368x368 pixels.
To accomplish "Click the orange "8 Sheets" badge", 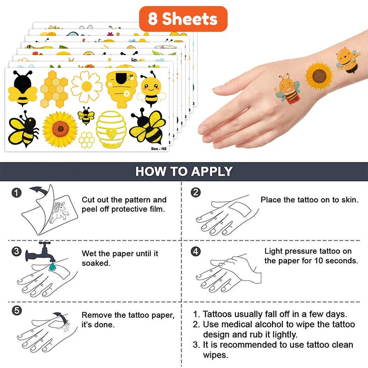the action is pos(183,19).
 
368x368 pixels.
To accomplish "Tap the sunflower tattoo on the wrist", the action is pos(319,76).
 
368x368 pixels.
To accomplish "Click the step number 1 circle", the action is pos(16,193).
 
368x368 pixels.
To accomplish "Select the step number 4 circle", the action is pos(196,251).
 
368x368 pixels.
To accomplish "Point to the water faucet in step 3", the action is pos(40,252).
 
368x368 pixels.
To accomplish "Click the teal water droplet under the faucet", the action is pos(52,266).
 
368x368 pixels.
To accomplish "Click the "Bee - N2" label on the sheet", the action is pos(159,149).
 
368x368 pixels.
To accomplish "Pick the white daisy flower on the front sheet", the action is pos(86,86).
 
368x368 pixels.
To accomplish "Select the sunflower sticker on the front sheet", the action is pos(60,129).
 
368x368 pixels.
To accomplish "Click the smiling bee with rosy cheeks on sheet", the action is pos(151,89).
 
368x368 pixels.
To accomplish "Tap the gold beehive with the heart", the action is pos(111,130).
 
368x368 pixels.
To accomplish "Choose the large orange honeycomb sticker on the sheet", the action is pos(54,89).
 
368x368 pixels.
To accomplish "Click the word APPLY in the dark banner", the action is pos(212,171).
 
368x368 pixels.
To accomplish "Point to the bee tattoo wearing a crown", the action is pos(287,89).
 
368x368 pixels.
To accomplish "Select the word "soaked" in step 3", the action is pos(96,263).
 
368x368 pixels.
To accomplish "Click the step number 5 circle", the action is pos(17,310).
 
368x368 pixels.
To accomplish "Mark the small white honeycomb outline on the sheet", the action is pos(86,140).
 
